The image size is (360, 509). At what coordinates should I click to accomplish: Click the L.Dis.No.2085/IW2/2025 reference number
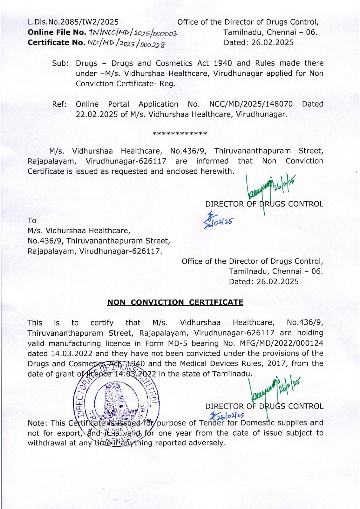coord(73,22)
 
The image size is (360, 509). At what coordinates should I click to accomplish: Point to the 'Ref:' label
coord(59,104)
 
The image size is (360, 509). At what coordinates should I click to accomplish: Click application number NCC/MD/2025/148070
coord(251,104)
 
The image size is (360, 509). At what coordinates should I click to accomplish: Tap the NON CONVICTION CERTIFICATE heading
coord(175,302)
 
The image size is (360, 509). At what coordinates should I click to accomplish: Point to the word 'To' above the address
coord(32,220)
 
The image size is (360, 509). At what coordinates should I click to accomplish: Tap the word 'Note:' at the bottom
coord(38,423)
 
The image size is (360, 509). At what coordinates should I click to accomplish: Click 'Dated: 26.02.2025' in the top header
coord(259,42)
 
